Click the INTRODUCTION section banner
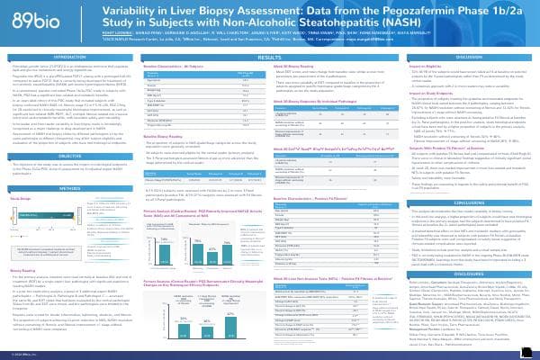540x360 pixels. pyautogui.click(x=74, y=56)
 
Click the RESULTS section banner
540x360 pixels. pyautogui.click(x=269, y=56)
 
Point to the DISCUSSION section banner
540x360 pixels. pyautogui.click(x=465, y=56)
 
